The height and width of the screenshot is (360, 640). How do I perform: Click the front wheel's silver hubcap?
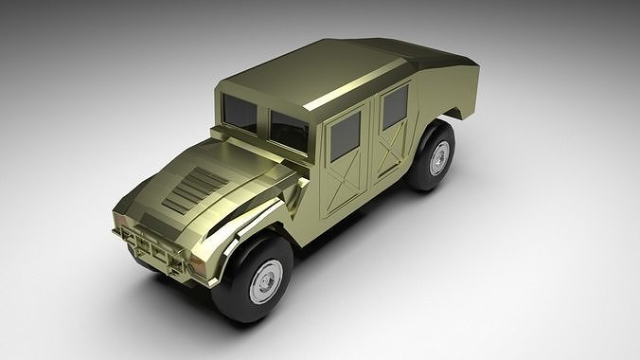pyautogui.click(x=265, y=280)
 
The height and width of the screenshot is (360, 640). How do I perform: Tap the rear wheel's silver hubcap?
pyautogui.click(x=439, y=158)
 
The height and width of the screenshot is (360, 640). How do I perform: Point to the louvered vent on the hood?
pyautogui.click(x=193, y=188)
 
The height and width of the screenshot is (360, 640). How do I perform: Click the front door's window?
pyautogui.click(x=345, y=136)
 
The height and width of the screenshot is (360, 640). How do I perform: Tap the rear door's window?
pyautogui.click(x=395, y=106)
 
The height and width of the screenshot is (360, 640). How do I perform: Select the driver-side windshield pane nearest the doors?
pyautogui.click(x=290, y=131)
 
